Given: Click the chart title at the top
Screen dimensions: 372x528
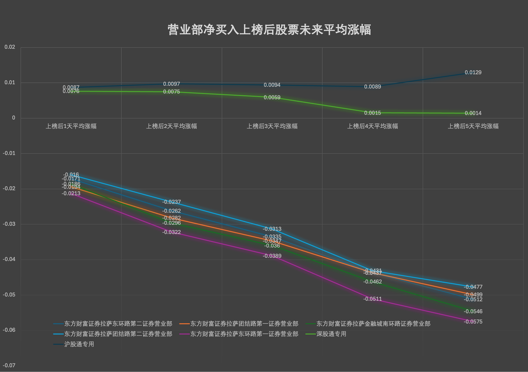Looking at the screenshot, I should (x=269, y=30).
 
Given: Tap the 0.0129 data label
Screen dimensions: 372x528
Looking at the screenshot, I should (x=473, y=73).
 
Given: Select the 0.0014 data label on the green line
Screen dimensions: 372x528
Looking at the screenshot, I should (x=473, y=113).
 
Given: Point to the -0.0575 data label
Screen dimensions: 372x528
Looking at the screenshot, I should (x=473, y=322).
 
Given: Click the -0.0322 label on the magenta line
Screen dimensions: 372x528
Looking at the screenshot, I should (x=172, y=232).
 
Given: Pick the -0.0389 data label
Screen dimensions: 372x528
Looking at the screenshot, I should (x=272, y=256).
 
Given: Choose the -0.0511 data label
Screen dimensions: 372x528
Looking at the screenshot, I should (x=372, y=299).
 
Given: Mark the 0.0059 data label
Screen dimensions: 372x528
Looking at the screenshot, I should (x=272, y=98).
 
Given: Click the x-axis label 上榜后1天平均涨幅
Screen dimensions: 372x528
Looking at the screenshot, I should (x=71, y=126).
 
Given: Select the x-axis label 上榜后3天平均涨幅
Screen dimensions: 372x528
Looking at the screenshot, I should (x=272, y=126).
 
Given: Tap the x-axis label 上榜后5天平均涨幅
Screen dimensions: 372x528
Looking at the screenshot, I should (x=473, y=126).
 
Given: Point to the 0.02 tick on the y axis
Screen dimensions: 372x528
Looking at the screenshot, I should (x=9, y=47).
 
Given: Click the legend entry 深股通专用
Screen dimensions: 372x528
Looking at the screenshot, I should (x=331, y=334).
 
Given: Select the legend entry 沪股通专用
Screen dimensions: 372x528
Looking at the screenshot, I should (x=79, y=344).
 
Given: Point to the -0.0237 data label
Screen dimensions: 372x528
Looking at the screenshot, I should (x=172, y=202).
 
